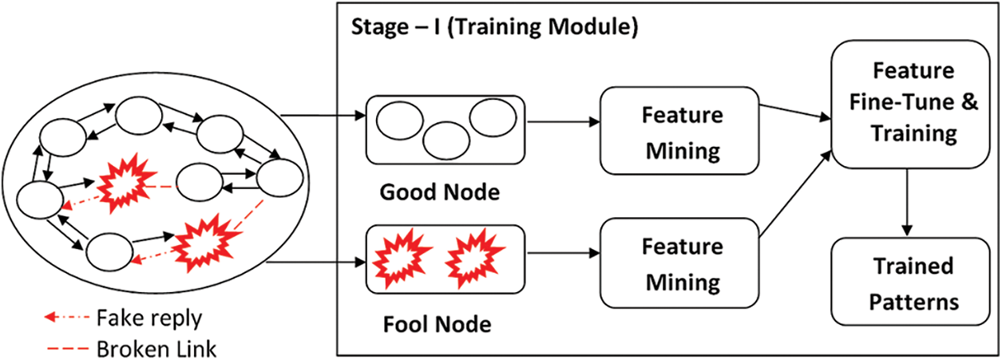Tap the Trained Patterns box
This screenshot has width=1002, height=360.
point(913,283)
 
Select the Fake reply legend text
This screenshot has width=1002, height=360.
point(149,318)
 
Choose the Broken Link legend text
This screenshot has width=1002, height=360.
point(156,348)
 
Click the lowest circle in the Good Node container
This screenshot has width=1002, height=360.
point(446,140)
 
